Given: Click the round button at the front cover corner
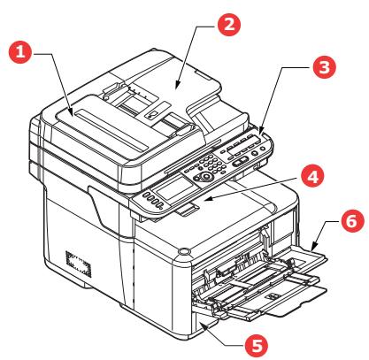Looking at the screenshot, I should tap(182, 255).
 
